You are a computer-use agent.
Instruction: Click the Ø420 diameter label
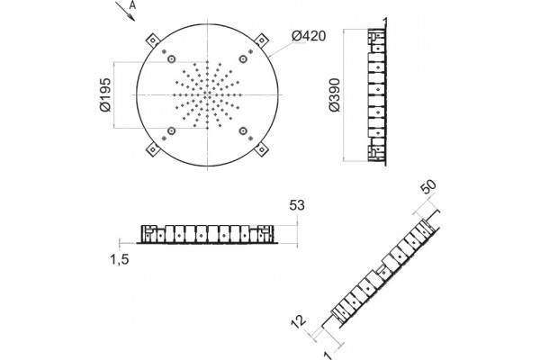309,36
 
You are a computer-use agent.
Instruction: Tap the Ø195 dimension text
105,94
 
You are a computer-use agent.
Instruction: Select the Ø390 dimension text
335,94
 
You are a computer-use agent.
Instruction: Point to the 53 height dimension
297,205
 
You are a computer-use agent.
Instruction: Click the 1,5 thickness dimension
120,259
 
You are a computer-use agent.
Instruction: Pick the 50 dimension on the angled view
428,186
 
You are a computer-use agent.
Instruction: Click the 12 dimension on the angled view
298,320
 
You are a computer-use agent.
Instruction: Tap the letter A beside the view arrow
133,6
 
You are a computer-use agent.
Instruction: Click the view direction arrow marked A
125,11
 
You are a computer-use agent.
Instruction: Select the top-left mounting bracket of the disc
153,40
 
